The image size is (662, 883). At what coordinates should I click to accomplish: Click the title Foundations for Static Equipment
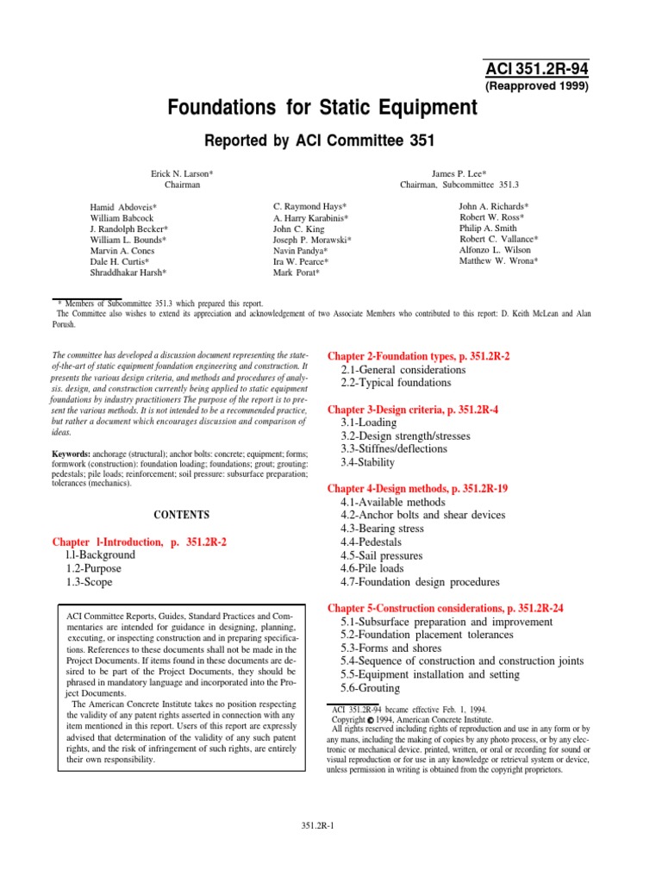point(315,109)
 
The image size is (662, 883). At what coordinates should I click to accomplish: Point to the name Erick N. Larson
point(182,173)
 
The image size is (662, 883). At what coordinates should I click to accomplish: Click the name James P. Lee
point(459,173)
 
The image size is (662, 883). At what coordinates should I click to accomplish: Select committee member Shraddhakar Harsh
point(128,272)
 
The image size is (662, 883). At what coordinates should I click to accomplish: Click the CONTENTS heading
point(181,515)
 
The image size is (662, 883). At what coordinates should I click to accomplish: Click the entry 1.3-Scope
point(89,582)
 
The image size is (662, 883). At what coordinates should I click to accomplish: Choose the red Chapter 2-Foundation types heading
point(419,356)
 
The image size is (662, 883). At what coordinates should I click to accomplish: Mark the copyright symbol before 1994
point(370,719)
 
